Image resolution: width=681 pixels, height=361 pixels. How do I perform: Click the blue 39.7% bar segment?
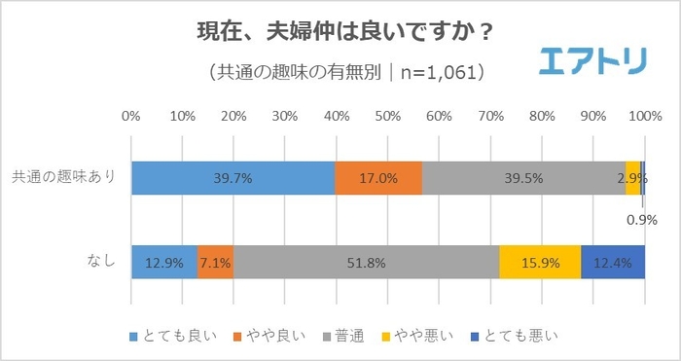click(x=233, y=178)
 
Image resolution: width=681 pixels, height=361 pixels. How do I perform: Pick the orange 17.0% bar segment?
click(x=378, y=178)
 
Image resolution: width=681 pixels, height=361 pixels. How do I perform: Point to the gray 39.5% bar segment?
click(x=523, y=178)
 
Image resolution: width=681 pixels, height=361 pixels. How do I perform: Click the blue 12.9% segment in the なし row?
click(x=163, y=262)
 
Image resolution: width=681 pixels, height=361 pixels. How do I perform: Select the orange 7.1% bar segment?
click(x=215, y=262)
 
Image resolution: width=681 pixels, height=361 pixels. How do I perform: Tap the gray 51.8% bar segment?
click(x=366, y=262)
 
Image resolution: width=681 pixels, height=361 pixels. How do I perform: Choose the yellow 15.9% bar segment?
click(x=540, y=262)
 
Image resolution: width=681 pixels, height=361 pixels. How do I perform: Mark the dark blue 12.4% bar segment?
click(x=613, y=262)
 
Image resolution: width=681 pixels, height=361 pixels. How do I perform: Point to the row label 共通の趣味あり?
click(x=64, y=177)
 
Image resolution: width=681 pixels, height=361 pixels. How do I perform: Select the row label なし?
click(x=101, y=262)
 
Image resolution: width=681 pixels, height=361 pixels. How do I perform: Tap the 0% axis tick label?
click(x=130, y=117)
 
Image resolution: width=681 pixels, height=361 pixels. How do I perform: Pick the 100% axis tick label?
click(x=642, y=117)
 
